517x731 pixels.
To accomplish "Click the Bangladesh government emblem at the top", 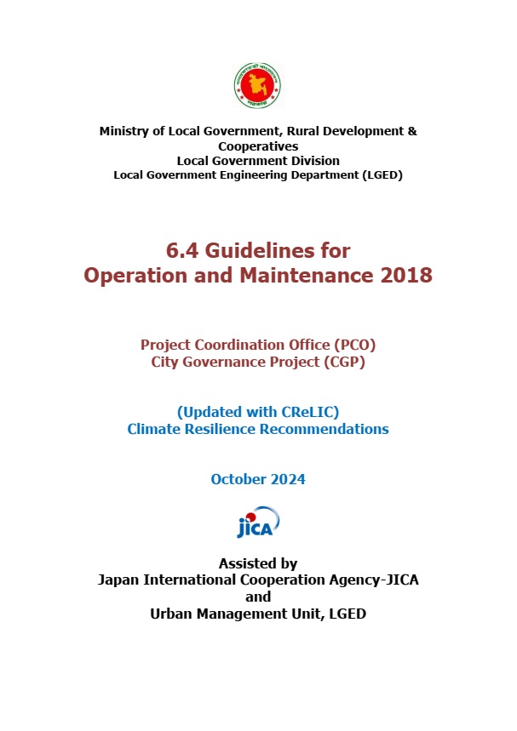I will point(258,86).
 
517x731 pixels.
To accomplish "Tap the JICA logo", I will point(258,523).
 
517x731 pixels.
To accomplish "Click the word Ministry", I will point(124,132).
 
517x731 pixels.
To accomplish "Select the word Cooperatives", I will point(258,146).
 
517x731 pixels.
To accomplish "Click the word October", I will point(238,479).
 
